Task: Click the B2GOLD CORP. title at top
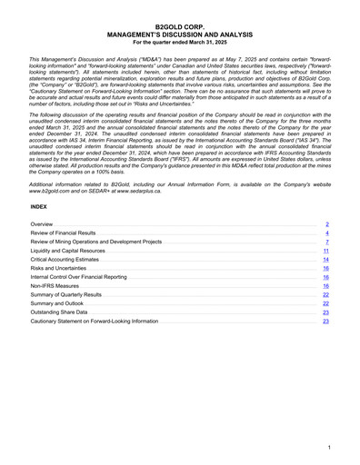[179, 30]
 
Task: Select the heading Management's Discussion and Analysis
[179, 36]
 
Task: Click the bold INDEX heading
[41, 206]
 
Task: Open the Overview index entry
[42, 223]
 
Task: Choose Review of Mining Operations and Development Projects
[96, 243]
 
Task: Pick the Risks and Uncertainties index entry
[59, 270]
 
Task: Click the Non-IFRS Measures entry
[55, 286]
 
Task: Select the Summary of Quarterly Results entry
[66, 296]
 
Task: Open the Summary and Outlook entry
[57, 303]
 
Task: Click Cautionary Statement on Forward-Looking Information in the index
[94, 322]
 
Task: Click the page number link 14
[325, 261]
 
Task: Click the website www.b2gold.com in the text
[50, 193]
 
